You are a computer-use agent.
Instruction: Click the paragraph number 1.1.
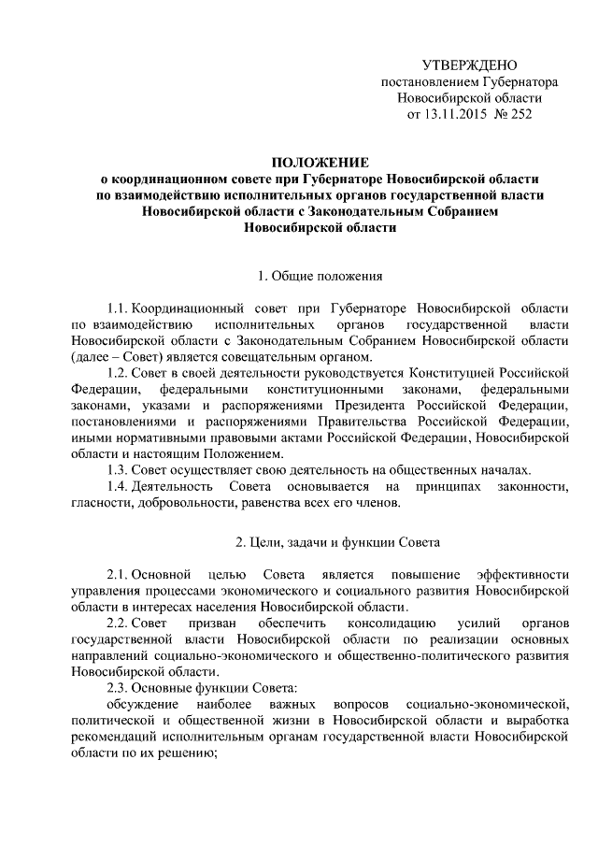(117, 308)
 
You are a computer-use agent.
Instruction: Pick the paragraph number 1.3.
(117, 468)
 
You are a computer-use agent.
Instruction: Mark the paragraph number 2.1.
(117, 574)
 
